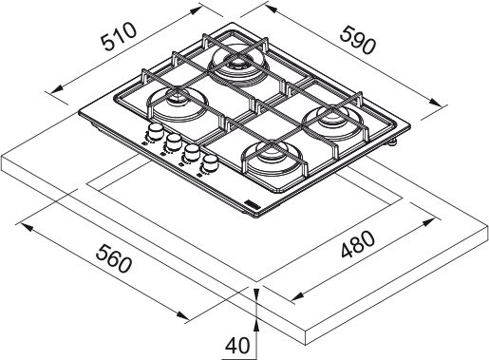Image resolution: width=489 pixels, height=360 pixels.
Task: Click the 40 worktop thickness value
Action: (x=237, y=345)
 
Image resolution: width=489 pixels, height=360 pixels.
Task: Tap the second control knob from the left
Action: (x=173, y=143)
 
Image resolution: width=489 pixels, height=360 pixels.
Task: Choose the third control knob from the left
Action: (x=191, y=155)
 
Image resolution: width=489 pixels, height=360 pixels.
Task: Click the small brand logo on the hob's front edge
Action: (x=254, y=203)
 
